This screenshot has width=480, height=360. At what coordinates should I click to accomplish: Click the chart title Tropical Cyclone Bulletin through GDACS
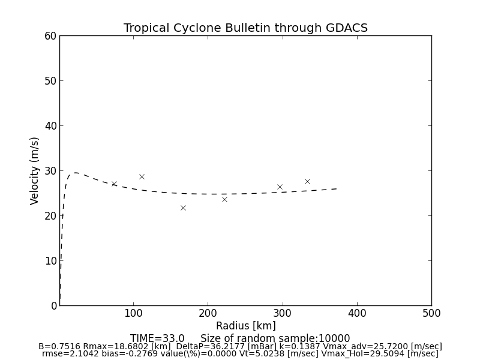click(x=245, y=28)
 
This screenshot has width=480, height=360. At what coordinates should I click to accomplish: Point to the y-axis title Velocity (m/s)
click(x=35, y=170)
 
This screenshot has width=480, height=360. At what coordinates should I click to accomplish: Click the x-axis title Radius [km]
click(x=245, y=326)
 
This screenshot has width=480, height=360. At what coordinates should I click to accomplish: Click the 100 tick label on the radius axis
click(x=133, y=313)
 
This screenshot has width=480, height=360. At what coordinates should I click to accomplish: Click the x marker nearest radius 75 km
click(x=114, y=184)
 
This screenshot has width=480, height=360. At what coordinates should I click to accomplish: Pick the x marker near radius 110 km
click(x=142, y=176)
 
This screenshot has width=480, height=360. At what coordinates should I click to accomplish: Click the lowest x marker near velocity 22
click(x=183, y=208)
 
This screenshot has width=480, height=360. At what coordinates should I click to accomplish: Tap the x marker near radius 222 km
click(x=224, y=199)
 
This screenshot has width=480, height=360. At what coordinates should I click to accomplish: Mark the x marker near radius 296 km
click(x=280, y=187)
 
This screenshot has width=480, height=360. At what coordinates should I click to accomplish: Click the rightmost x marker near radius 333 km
click(x=307, y=181)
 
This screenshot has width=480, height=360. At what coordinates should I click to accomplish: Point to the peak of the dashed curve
click(x=75, y=173)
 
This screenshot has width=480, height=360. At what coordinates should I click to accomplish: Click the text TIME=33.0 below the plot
click(x=157, y=338)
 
